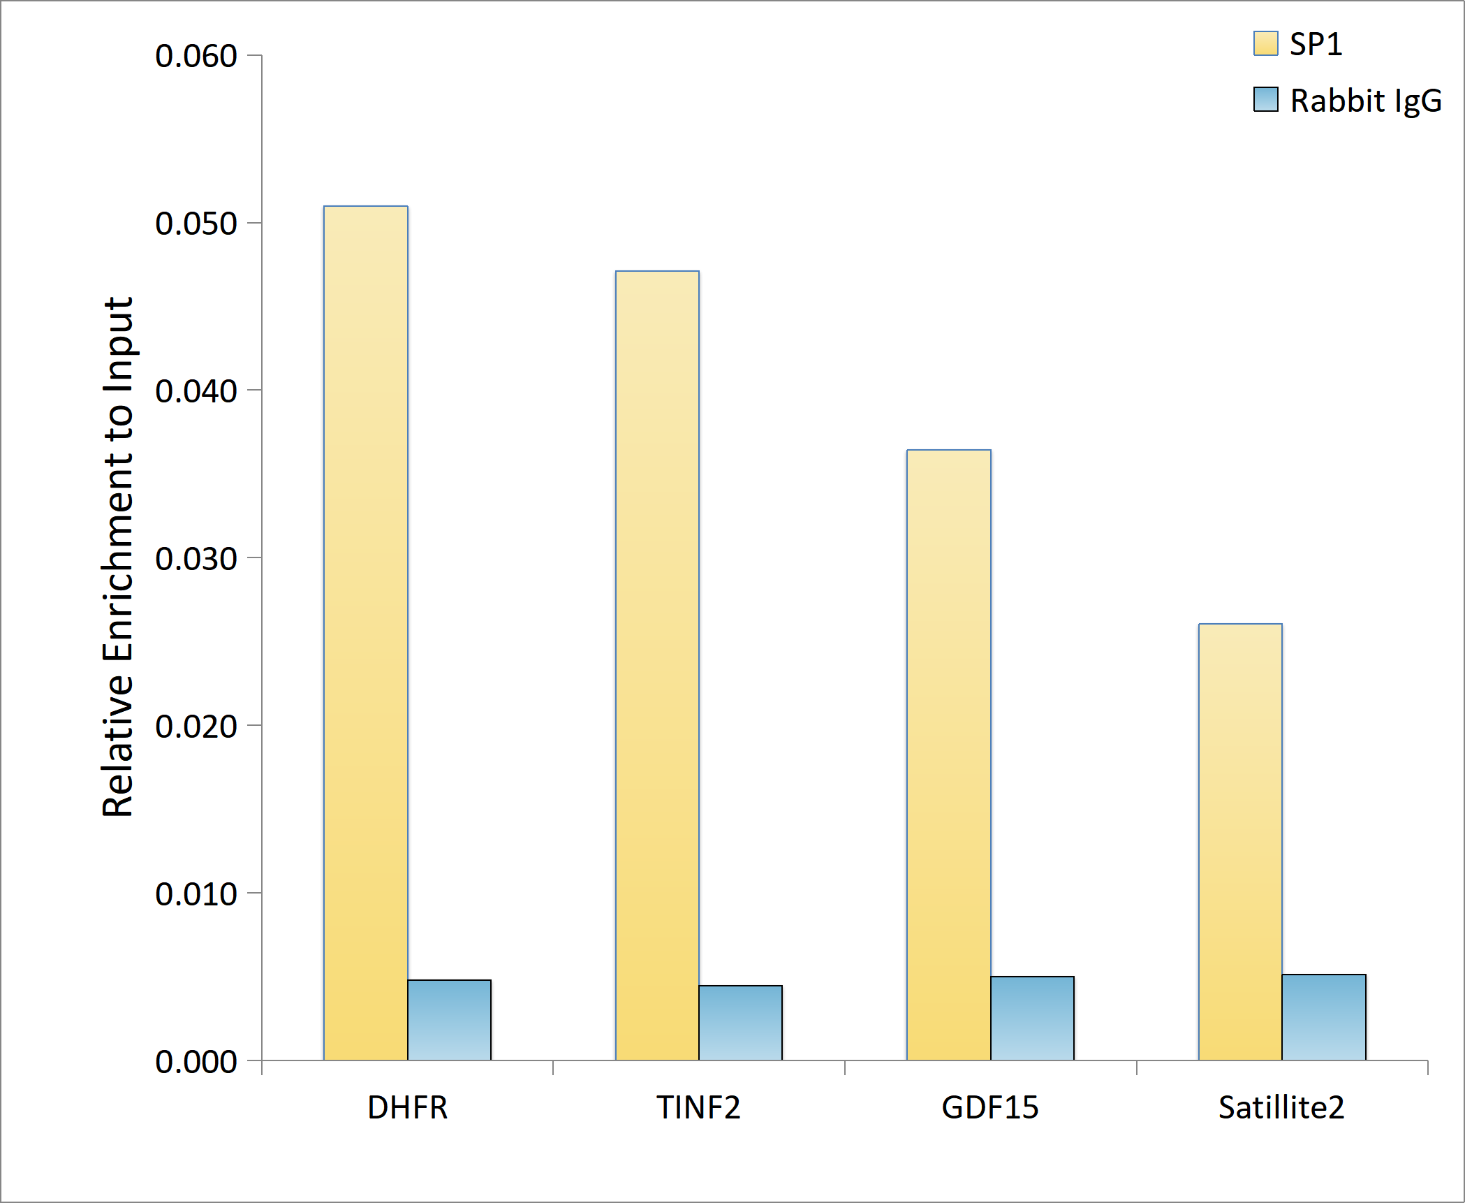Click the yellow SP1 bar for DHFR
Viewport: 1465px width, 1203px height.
click(365, 632)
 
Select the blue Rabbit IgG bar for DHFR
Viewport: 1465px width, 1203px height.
click(449, 1020)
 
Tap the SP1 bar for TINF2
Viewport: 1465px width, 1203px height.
click(657, 665)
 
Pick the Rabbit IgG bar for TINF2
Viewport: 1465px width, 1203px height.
click(740, 1023)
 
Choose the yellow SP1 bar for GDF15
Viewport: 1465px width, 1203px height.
click(948, 754)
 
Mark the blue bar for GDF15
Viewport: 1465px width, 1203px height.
click(1032, 1018)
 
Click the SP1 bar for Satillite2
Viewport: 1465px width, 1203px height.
click(1240, 841)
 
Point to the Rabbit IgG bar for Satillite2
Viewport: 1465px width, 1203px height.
click(1324, 1017)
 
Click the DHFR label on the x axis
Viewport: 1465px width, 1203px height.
click(407, 1108)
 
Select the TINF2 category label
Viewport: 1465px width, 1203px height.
click(698, 1108)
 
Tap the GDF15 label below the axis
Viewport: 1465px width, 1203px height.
click(989, 1108)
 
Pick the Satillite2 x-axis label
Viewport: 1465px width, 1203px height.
click(1281, 1108)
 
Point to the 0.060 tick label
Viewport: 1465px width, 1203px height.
click(196, 56)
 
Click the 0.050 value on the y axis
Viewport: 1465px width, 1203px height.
click(196, 224)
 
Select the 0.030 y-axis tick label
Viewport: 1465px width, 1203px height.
click(196, 559)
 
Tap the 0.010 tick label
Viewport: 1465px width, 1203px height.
click(196, 894)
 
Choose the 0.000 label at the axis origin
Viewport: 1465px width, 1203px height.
click(196, 1062)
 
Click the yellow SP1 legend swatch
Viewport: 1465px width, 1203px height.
click(1265, 43)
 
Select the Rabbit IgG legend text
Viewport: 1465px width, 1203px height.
click(1365, 101)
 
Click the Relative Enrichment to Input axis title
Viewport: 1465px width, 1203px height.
click(117, 557)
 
